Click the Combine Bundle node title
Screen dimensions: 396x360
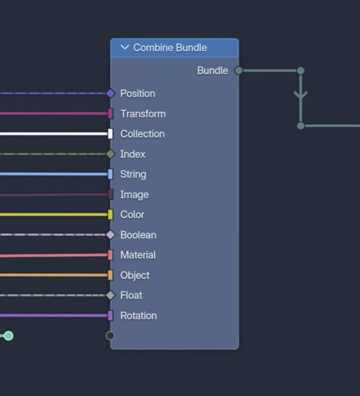pos(170,48)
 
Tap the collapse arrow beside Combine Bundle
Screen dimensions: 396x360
pos(125,48)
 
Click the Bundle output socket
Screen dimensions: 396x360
pos(239,70)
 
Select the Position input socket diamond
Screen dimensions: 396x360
pos(110,94)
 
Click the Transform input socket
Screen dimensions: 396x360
pos(110,114)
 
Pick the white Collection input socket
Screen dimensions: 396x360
pos(110,134)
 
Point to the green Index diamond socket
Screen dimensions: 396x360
pos(110,154)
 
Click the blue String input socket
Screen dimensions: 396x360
pos(110,174)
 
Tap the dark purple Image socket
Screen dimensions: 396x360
pos(110,194)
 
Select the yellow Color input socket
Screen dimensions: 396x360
pos(110,214)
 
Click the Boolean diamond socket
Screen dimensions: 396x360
pos(110,235)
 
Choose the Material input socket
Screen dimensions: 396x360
pos(110,255)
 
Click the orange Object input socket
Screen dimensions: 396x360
pos(110,275)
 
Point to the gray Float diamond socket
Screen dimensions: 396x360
pos(110,295)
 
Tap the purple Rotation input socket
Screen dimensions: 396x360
pos(110,316)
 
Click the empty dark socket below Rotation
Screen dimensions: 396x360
pos(110,336)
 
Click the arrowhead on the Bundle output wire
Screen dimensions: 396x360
pos(301,96)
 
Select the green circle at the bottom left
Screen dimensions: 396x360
pos(8,336)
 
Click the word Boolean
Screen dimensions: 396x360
pos(138,235)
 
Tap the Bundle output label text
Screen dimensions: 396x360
pos(212,70)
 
